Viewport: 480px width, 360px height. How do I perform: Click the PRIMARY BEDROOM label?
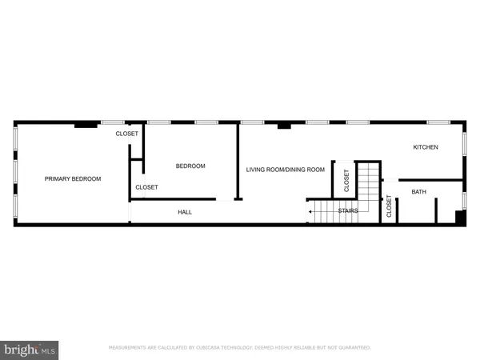(x=73, y=178)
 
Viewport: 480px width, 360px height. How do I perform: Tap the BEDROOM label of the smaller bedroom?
(x=190, y=166)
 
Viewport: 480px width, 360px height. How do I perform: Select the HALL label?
(x=185, y=212)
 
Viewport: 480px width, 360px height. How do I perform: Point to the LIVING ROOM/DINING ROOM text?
(x=285, y=169)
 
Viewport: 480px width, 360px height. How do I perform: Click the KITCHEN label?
(x=425, y=147)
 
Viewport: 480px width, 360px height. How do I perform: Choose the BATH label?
(x=419, y=192)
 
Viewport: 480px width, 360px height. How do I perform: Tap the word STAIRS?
(x=347, y=211)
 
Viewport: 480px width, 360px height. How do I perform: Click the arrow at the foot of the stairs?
(x=310, y=211)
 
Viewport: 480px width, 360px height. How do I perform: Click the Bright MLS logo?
(x=30, y=350)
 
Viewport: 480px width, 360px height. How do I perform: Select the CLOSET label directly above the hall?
(x=146, y=186)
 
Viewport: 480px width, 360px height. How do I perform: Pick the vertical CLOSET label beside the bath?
(x=390, y=206)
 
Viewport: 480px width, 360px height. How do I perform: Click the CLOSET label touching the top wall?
(x=126, y=134)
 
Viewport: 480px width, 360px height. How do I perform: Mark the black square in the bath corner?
(x=459, y=217)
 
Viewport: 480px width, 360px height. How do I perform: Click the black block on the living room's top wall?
(x=283, y=125)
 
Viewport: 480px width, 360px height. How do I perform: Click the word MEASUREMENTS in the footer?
(x=127, y=348)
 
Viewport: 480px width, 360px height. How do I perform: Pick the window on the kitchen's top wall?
(x=438, y=122)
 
